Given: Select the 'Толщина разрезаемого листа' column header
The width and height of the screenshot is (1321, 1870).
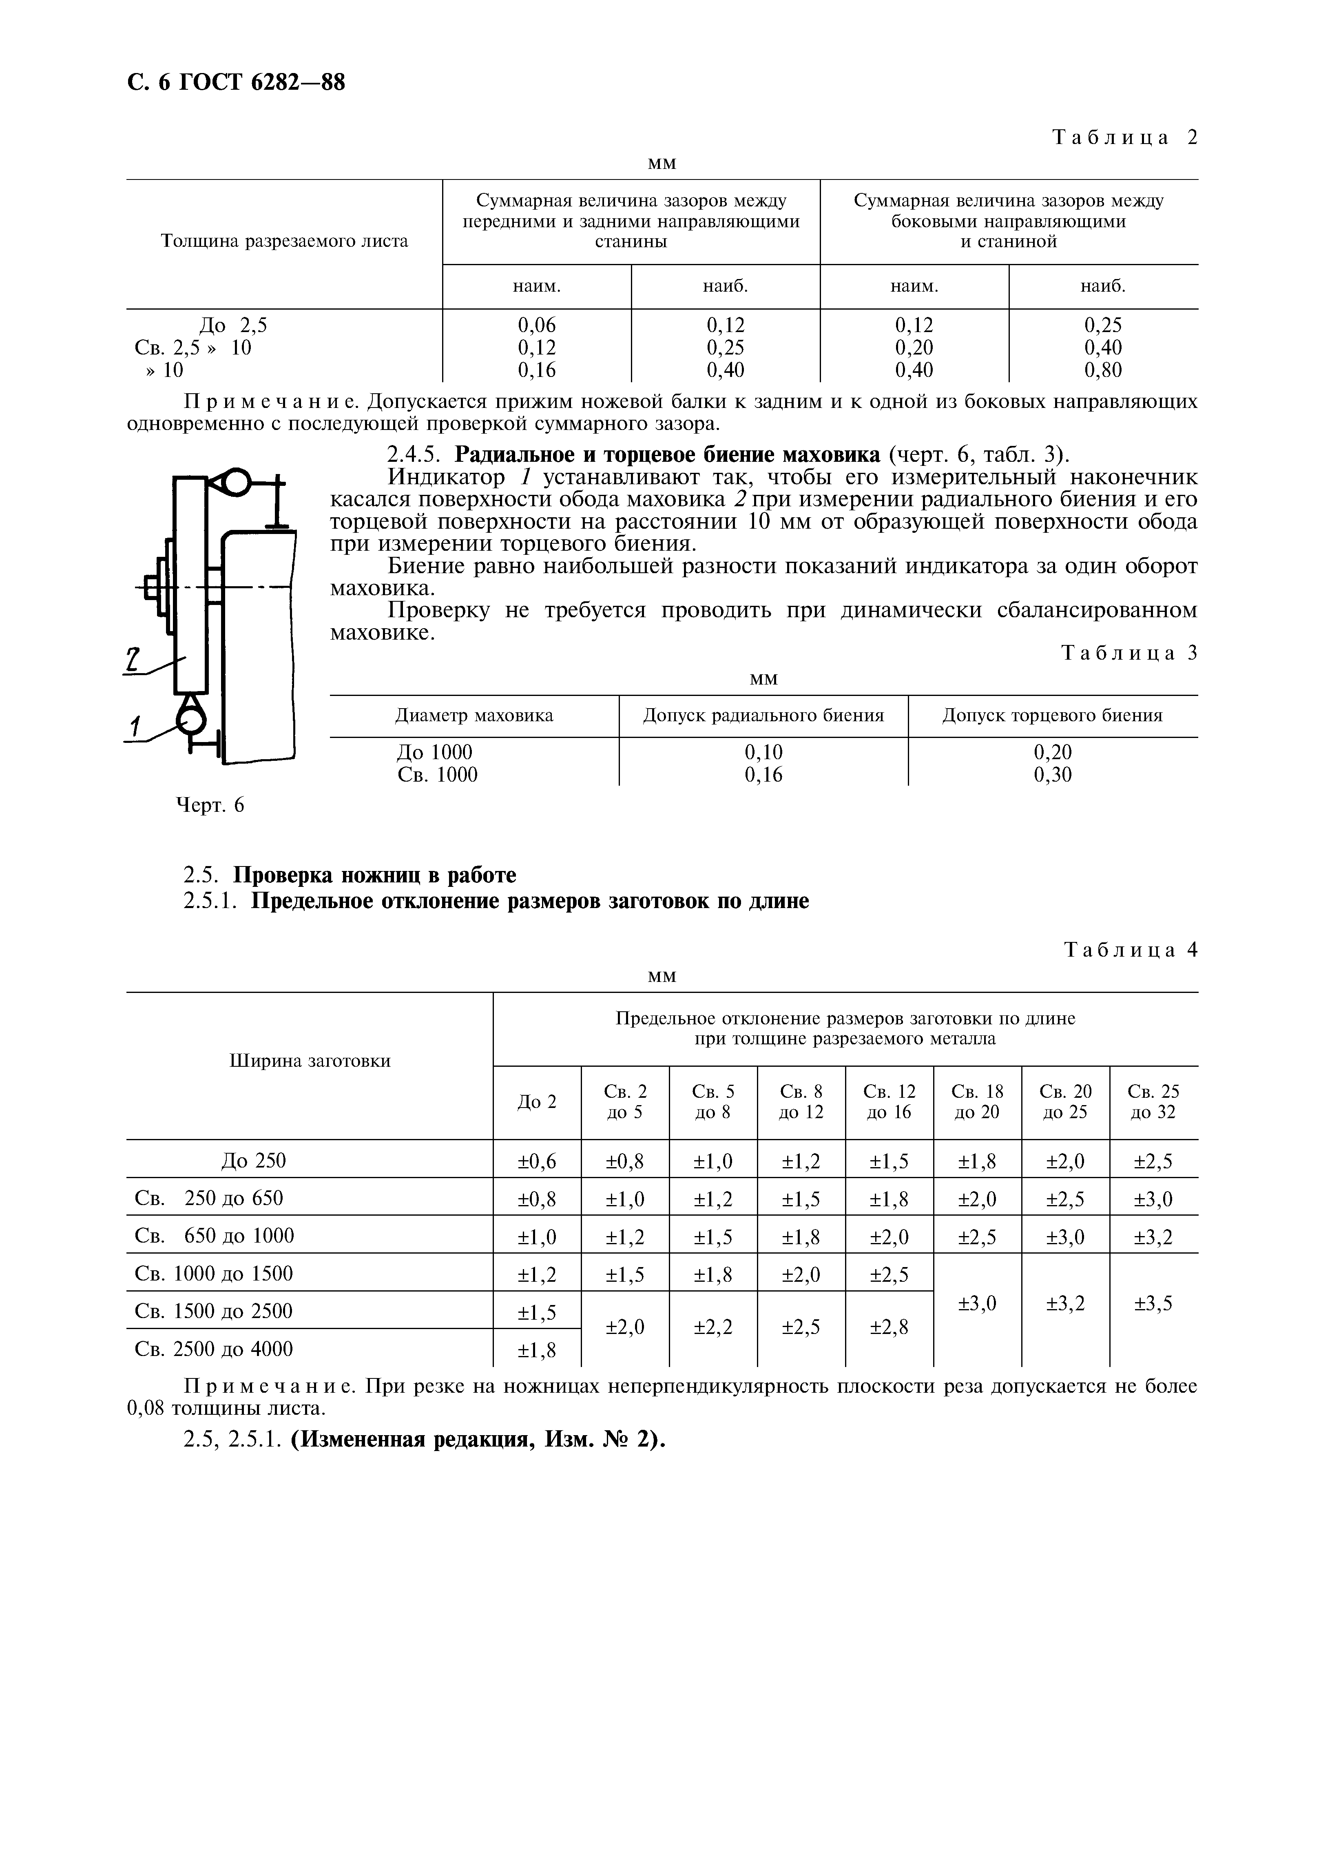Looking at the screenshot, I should point(284,241).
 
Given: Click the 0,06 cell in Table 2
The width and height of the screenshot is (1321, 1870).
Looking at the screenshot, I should point(537,325).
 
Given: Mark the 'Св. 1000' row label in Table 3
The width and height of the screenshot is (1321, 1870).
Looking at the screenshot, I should point(437,775).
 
